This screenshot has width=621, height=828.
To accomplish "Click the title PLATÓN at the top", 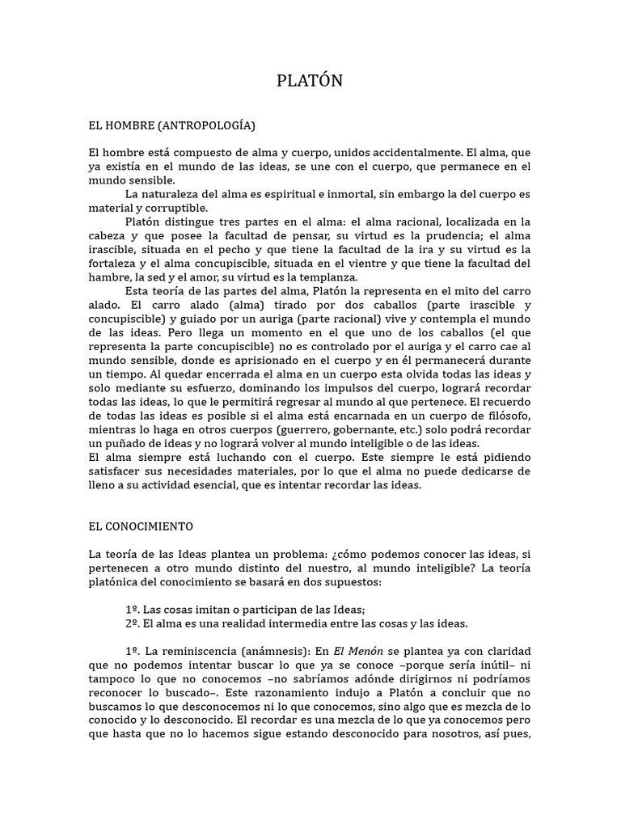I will [x=310, y=81].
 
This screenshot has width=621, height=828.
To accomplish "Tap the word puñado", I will [x=133, y=444].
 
